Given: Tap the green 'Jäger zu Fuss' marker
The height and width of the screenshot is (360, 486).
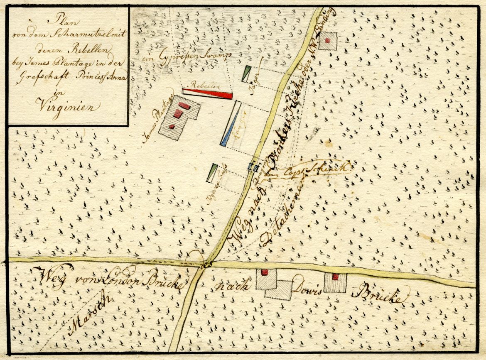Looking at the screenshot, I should coord(212,173).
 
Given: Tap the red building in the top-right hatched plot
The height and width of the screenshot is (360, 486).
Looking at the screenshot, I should coord(328,40).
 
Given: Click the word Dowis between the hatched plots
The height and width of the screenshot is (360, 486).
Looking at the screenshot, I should coord(308,291).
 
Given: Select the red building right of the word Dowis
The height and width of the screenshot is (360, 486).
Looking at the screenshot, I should coord(335,277).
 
